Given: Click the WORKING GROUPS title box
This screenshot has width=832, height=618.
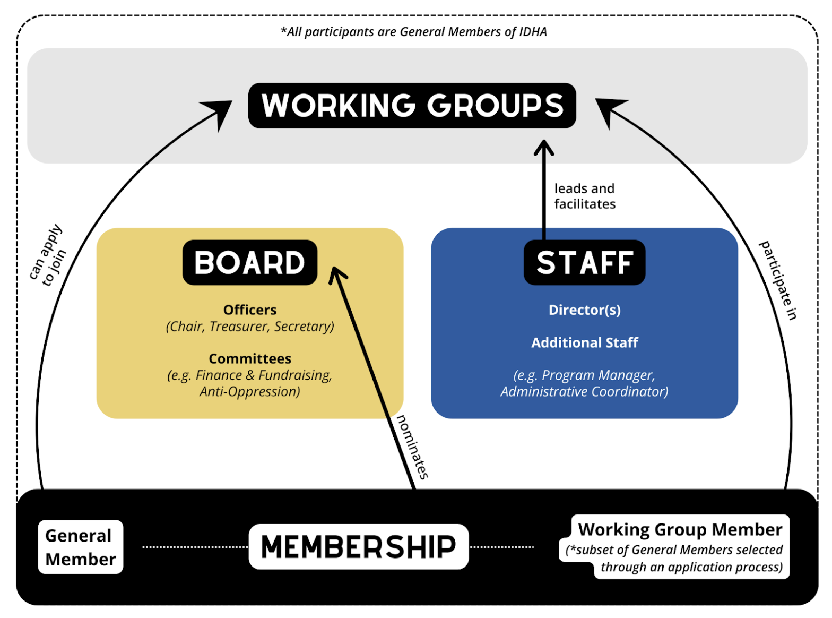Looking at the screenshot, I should [x=412, y=105].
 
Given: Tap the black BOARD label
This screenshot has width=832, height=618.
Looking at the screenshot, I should [x=249, y=262].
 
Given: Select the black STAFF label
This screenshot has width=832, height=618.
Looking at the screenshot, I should [x=584, y=262].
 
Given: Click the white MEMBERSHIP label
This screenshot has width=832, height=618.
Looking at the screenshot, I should [x=358, y=547].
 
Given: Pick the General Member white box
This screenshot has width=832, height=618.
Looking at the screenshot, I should [x=80, y=547].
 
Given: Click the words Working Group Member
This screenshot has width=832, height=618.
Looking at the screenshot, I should [x=680, y=529].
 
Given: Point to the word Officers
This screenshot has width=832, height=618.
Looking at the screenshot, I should [x=250, y=310].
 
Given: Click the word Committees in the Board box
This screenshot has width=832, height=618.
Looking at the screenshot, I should [x=250, y=358].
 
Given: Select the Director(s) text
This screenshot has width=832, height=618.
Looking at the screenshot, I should [x=584, y=310].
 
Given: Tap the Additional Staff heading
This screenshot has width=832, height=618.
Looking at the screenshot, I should [x=584, y=342].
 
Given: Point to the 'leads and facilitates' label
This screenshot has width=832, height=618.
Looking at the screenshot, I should [x=584, y=196].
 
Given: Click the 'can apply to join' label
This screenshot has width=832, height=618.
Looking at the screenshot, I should [x=48, y=255].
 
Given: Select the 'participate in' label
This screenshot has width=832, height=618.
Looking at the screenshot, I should [x=778, y=280].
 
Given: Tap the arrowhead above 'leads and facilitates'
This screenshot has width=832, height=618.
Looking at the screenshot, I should [x=543, y=147].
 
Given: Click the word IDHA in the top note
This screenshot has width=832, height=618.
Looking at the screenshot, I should [x=533, y=32].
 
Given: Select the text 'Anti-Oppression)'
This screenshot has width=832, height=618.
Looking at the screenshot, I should [x=250, y=391].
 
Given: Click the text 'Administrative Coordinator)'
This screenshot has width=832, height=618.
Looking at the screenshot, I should [x=584, y=391].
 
